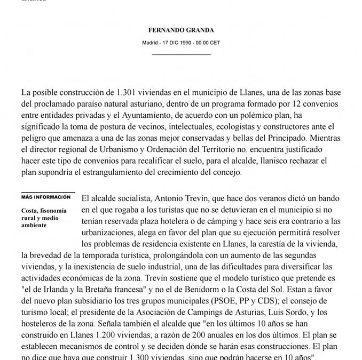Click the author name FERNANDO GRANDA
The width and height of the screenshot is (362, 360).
coord(181,31)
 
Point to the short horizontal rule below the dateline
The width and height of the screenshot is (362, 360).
coord(181,54)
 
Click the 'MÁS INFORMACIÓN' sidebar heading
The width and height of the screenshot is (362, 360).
coord(46,196)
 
